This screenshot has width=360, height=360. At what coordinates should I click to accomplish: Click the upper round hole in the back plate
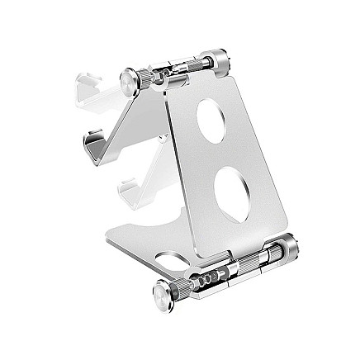click(x=216, y=117)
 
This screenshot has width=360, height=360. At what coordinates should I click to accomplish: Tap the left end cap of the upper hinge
click(x=129, y=81)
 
